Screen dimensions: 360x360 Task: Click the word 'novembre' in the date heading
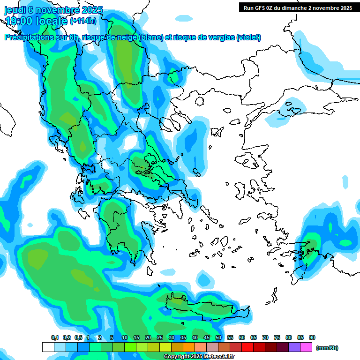(x=56, y=10)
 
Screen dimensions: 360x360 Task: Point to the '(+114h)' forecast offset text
(x=83, y=21)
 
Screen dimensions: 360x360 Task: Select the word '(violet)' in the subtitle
(x=248, y=37)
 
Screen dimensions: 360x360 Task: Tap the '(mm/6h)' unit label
(x=327, y=348)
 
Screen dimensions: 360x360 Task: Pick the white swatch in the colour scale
(x=48, y=347)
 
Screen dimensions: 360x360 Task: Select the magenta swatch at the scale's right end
(x=307, y=347)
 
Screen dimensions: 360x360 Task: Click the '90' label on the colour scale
(x=312, y=337)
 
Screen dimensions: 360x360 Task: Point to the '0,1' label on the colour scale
(x=54, y=337)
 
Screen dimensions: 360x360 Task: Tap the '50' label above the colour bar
(x=218, y=337)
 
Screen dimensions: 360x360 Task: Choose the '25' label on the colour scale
(x=160, y=337)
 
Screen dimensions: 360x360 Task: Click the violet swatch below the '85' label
(x=294, y=347)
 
